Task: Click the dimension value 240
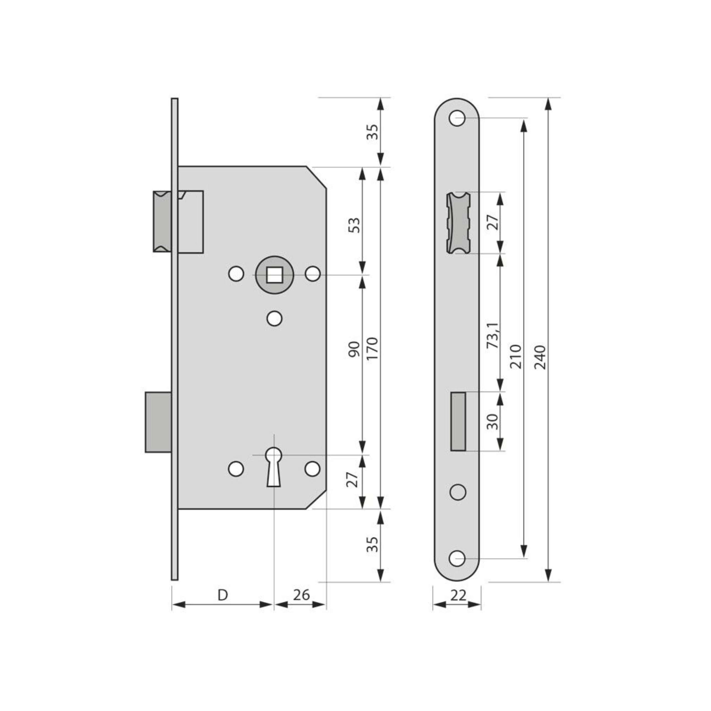coord(540,357)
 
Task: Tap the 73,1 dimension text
coord(493,335)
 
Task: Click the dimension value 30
coord(493,421)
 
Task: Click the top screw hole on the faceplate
coord(457,119)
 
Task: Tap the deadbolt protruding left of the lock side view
coord(158,422)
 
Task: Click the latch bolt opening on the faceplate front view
coord(458,223)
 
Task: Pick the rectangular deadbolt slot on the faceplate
coord(458,421)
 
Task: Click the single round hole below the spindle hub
coord(274,319)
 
